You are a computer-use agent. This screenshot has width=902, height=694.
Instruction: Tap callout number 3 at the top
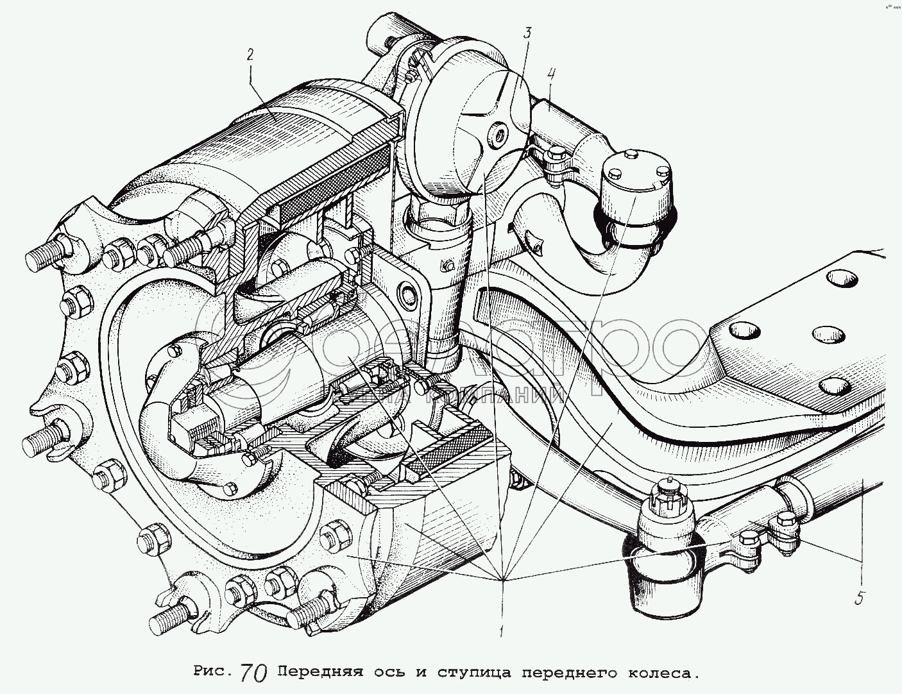coord(526,33)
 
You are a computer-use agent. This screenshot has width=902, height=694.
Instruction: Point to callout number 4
coord(551,75)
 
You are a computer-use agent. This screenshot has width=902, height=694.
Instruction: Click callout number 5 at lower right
coord(860,598)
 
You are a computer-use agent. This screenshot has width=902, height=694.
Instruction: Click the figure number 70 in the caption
coord(254,673)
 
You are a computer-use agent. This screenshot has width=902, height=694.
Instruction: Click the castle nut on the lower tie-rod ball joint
coord(668,495)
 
